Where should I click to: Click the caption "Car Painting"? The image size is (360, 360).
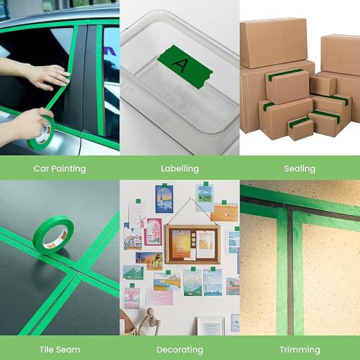(x=60, y=168)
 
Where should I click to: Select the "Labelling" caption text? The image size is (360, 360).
(x=179, y=168)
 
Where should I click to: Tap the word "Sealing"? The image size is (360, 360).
(x=299, y=168)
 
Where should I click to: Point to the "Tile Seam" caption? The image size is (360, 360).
(x=60, y=350)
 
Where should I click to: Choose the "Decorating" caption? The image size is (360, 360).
(x=179, y=350)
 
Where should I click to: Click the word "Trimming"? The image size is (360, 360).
(x=299, y=350)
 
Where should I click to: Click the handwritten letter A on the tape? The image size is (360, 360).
(x=181, y=65)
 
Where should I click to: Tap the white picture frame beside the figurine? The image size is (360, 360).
(x=210, y=325)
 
